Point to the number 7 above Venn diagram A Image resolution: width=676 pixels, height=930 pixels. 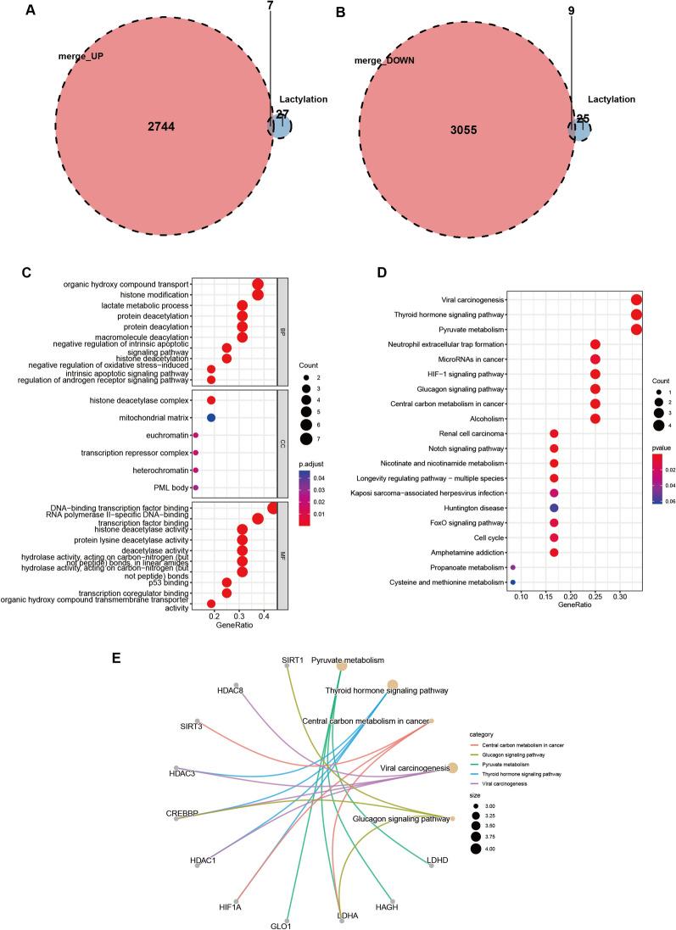click(271, 7)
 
